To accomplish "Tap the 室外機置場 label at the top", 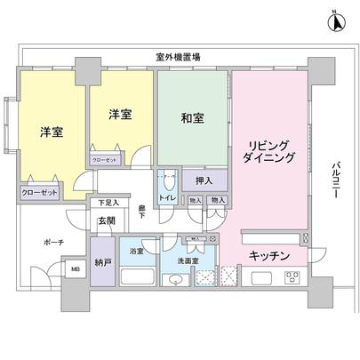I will pos(177,57).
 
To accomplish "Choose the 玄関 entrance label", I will pos(107,220).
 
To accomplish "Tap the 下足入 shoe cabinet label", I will pos(108,204).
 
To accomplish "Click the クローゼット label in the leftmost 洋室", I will pos(39,191).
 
